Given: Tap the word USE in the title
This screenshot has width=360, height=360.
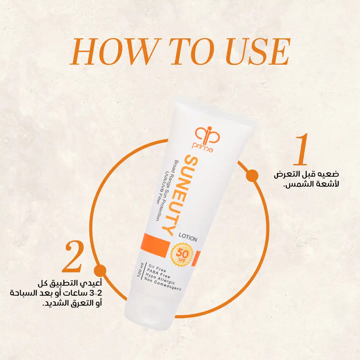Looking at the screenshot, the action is (x=257, y=52).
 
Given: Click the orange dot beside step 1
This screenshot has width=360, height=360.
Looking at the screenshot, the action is (x=252, y=176).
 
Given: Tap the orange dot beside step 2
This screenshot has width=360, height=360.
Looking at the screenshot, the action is (x=100, y=271).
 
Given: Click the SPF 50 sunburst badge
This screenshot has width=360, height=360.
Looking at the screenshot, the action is (x=182, y=255).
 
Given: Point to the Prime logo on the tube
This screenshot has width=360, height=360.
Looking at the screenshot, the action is (x=205, y=139).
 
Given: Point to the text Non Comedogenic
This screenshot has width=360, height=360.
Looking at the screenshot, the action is (x=163, y=284).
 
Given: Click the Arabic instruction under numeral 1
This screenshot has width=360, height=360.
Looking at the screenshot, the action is (x=306, y=179).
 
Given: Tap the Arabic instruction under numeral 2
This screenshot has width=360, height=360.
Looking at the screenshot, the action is (x=56, y=293).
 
